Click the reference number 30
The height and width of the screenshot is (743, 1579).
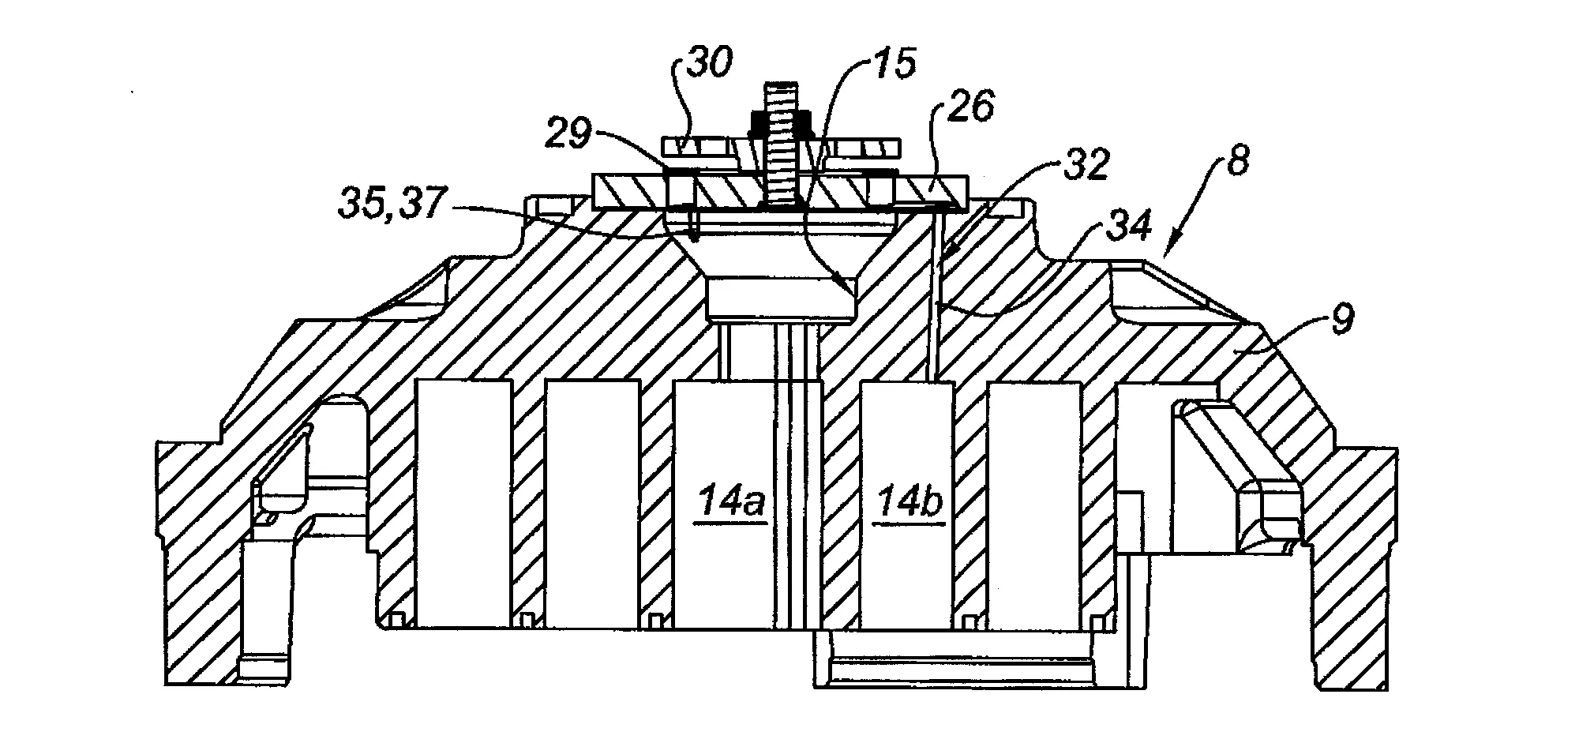(709, 63)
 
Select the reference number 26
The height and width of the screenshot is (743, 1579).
(972, 107)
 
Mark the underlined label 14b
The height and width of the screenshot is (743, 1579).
(909, 504)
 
